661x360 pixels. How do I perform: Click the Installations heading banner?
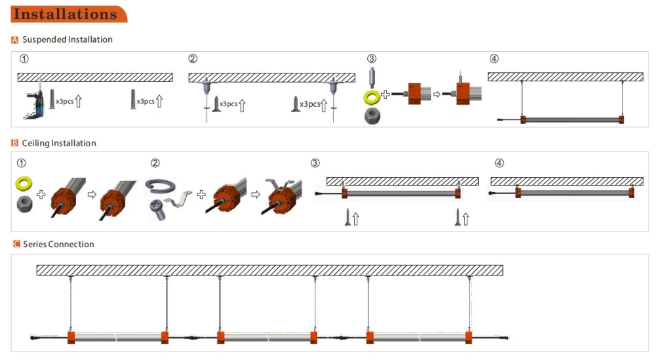point(66,14)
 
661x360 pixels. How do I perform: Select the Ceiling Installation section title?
point(59,143)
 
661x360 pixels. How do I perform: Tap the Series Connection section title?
point(58,244)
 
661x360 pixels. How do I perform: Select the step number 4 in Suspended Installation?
point(494,59)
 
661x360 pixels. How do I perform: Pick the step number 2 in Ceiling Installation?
point(155,163)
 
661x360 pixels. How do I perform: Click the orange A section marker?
point(15,40)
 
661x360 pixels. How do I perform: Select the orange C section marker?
point(16,245)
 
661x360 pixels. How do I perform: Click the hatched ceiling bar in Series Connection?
point(269,270)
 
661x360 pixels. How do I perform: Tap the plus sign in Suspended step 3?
point(386,95)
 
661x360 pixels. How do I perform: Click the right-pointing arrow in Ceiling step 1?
point(92,194)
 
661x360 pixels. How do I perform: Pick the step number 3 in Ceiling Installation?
point(315,163)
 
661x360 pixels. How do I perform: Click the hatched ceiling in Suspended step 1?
point(94,77)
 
